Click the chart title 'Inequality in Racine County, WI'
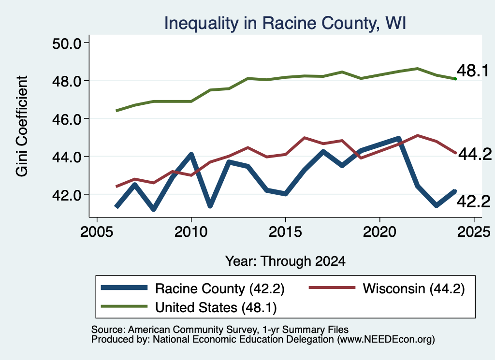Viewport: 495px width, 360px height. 285,23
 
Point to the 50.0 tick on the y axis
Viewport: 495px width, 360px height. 67,43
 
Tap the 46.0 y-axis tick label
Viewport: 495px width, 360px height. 67,119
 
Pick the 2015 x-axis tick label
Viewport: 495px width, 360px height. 285,232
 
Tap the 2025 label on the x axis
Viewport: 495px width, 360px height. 474,232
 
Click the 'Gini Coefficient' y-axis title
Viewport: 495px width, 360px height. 22,126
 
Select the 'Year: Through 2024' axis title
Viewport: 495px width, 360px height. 285,261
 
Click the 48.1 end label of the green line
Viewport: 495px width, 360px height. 473,71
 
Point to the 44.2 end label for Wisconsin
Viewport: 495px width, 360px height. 475,154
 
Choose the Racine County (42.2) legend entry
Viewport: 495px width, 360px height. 192,288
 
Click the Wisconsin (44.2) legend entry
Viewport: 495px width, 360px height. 386,288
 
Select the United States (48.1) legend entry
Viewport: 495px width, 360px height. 189,307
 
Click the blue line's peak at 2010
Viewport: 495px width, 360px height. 191,154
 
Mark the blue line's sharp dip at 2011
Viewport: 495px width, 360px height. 210,206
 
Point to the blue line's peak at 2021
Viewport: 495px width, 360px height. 398,139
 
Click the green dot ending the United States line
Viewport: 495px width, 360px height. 455,79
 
